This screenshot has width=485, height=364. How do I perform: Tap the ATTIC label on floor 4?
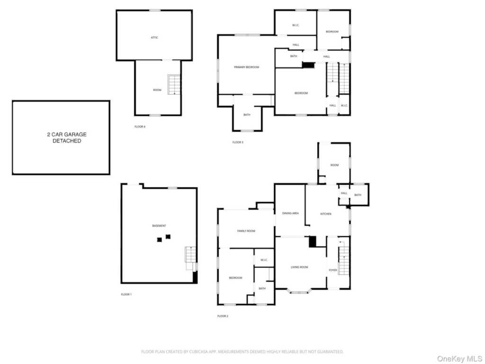pos(154,37)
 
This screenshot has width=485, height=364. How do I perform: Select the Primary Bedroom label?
pos(246,67)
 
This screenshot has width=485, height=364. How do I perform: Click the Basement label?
pos(159,226)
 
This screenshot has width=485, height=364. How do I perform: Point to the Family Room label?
pos(246,231)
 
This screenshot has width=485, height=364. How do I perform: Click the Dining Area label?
pos(290,213)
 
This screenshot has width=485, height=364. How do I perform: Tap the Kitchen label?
pos(326,214)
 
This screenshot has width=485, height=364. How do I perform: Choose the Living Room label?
pos(299,267)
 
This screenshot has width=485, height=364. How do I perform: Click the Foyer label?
pos(333,270)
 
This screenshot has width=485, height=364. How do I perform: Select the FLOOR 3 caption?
pos(238,142)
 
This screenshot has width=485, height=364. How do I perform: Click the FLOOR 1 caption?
pos(126,294)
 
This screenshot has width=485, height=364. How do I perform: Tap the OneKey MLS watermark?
pos(458,357)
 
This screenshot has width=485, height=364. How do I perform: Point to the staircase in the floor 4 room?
pos(174,84)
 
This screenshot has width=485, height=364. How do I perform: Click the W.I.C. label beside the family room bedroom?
pos(264,260)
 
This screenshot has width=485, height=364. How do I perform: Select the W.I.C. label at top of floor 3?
pos(295,25)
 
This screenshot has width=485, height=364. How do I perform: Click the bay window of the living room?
pos(299,291)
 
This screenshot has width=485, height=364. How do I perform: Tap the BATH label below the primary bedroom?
pos(247,115)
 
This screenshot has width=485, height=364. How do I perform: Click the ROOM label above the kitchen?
pos(334,165)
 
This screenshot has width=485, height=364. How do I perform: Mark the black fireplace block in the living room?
pos(312,242)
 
